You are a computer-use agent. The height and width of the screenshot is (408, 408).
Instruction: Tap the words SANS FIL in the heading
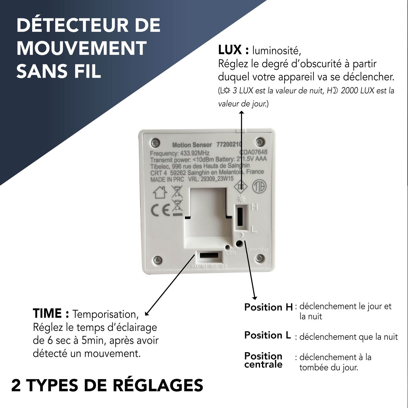59,71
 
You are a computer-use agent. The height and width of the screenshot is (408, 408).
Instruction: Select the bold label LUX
230,50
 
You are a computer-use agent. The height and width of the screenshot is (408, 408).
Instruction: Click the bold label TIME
47,313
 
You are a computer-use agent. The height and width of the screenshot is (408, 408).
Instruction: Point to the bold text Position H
268,307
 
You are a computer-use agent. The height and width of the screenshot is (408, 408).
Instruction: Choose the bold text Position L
267,335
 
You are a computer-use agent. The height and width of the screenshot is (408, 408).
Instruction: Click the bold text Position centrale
263,360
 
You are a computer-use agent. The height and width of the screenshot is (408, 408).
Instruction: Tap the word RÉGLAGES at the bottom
158,385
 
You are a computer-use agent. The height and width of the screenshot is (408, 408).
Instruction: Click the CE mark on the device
160,210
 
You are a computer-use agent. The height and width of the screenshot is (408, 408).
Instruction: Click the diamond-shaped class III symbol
241,186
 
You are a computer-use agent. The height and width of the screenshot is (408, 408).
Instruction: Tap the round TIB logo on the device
259,187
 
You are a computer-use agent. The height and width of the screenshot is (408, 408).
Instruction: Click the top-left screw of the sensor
155,142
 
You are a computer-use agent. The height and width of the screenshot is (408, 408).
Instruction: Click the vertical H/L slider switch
240,217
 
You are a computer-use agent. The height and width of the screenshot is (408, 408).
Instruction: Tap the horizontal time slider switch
209,255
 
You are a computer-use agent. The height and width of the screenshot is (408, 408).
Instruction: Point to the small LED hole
227,247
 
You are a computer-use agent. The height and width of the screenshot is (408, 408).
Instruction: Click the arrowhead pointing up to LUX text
241,112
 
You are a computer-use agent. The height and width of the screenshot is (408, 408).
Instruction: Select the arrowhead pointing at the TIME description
147,314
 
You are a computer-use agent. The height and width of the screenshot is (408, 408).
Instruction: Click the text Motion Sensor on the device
192,145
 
